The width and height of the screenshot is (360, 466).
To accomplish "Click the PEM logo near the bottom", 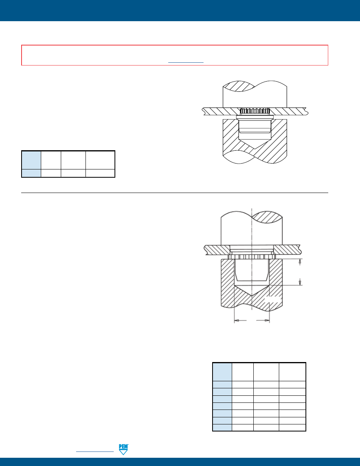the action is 123,450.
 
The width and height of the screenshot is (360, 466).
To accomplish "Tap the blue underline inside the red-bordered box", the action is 186,62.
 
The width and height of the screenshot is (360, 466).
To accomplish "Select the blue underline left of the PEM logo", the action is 95,452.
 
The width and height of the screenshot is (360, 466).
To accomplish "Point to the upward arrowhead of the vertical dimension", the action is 300,262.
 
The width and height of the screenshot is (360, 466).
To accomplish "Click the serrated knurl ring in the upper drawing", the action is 255,112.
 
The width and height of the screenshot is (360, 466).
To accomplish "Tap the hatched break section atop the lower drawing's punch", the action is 267,217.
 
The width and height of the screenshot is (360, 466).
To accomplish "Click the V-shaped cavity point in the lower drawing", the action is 252,296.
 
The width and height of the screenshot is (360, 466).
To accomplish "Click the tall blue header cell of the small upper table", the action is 31,160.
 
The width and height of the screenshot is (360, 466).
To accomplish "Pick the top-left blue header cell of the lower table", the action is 222,372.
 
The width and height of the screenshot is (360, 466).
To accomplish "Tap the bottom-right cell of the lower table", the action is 292,428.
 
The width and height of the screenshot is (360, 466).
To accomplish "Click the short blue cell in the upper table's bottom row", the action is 31,173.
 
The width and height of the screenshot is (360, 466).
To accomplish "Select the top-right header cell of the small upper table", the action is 100,160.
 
